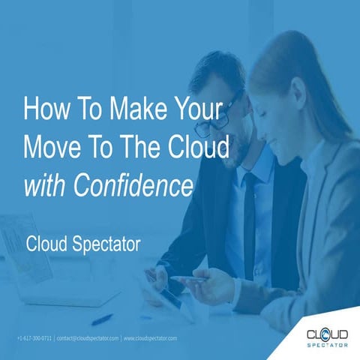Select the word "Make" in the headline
(124, 109)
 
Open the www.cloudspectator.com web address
(150, 339)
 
